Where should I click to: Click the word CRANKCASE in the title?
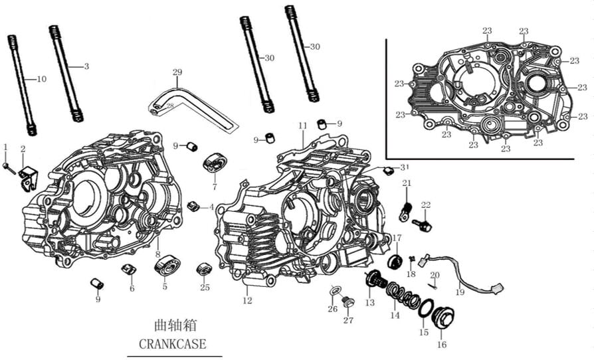[172, 344]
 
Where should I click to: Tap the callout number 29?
[177, 72]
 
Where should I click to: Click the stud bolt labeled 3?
[66, 73]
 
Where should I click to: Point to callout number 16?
[441, 345]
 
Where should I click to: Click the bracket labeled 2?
[27, 177]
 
